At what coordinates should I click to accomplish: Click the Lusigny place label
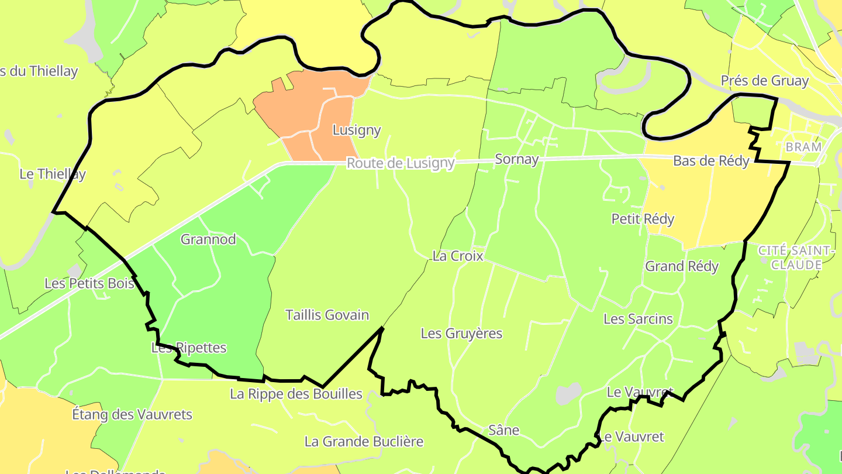point(356,130)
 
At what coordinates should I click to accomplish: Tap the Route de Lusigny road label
point(401,163)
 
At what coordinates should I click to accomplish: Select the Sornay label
point(516,159)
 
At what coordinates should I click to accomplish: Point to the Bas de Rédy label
point(711,161)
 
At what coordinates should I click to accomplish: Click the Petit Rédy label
point(643,219)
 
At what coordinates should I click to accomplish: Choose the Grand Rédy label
point(681,266)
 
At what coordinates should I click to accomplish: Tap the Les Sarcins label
point(638,319)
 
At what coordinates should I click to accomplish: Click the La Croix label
point(457,256)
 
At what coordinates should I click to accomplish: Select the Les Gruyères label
point(461,333)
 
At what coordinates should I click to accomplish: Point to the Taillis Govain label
point(327,315)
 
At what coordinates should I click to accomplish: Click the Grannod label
point(208,239)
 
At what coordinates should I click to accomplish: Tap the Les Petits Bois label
point(89,283)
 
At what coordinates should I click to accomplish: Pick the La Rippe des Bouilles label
point(296,394)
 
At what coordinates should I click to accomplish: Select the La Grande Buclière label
point(364,441)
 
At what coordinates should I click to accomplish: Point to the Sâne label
point(503,430)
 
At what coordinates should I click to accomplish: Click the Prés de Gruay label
point(764,81)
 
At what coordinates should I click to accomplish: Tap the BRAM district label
point(803,147)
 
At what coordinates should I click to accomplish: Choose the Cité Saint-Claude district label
point(796,257)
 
